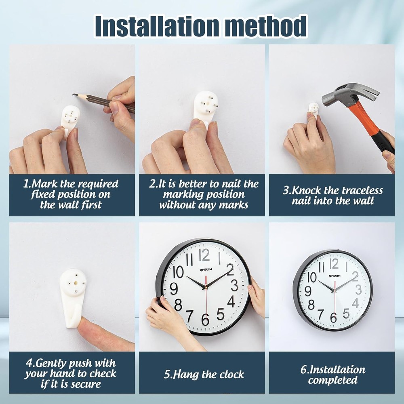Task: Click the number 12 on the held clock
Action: tap(204, 255)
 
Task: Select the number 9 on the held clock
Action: tap(174, 288)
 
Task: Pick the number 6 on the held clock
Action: tap(205, 320)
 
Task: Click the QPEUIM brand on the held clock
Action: tap(206, 269)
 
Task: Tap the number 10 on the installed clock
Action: tap(312, 277)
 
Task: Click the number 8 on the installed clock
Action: tap(311, 305)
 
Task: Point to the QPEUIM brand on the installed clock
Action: tap(335, 276)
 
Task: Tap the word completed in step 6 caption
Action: tap(333, 380)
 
